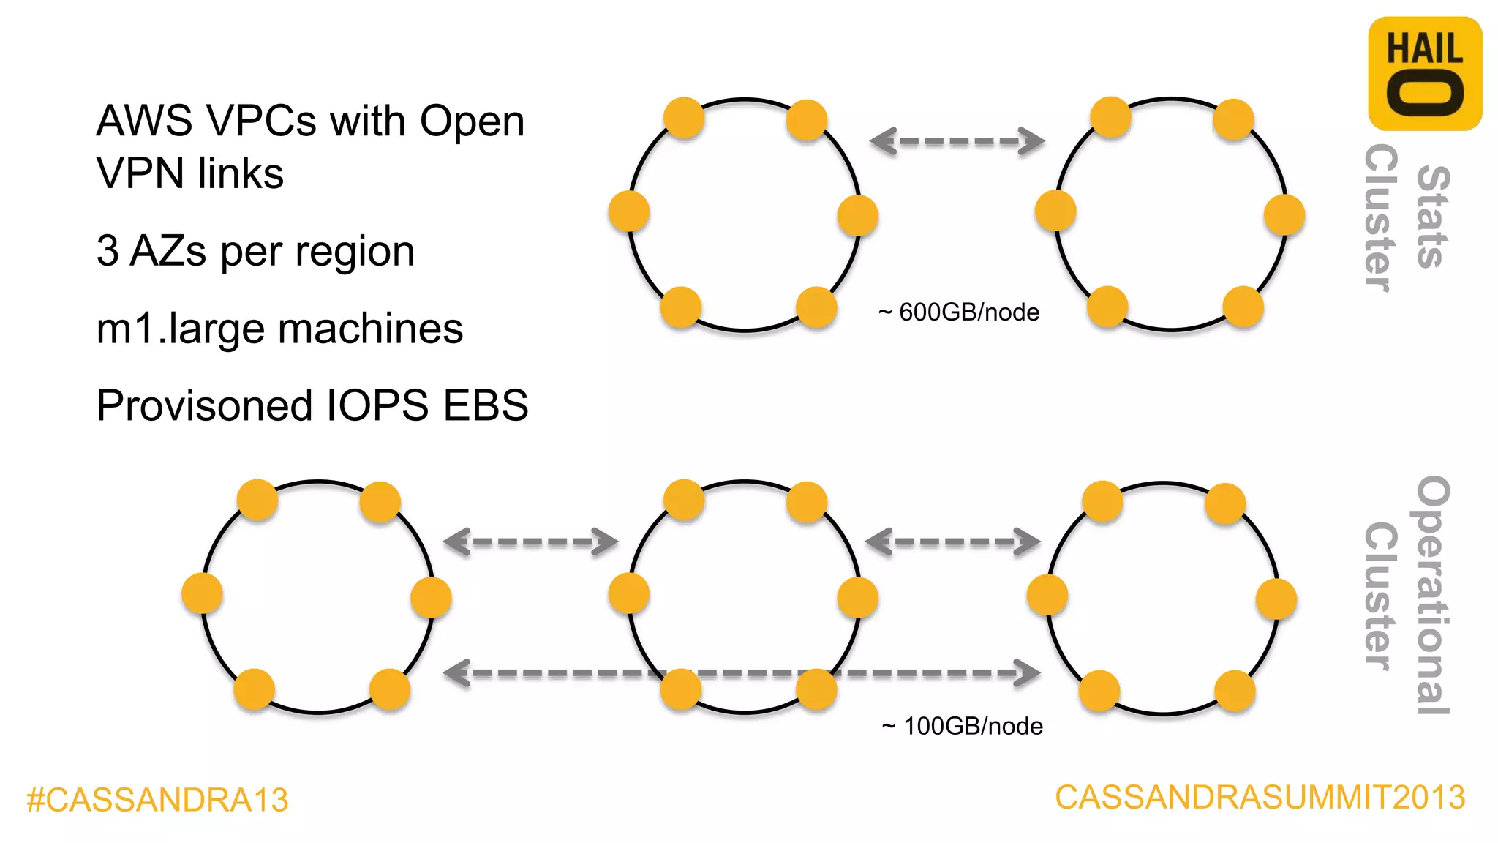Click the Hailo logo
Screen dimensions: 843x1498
click(x=1424, y=74)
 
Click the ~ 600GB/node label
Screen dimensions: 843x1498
click(x=959, y=312)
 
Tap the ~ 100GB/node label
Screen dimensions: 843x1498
click(x=963, y=726)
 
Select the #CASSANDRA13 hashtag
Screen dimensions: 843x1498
click(x=157, y=799)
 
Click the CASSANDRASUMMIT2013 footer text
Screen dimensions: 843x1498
click(x=1260, y=797)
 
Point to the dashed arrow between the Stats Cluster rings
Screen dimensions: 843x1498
click(x=957, y=141)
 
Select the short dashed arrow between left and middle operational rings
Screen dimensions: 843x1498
click(x=531, y=542)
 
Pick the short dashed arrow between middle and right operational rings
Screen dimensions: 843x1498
click(x=952, y=542)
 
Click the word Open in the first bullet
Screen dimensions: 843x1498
click(x=472, y=121)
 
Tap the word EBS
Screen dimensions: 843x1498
click(x=486, y=405)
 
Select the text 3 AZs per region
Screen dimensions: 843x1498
click(x=255, y=251)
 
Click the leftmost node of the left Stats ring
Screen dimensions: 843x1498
click(x=629, y=211)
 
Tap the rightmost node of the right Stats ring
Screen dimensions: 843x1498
click(x=1284, y=215)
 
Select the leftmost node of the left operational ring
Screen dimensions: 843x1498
click(x=203, y=593)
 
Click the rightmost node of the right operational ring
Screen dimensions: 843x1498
click(x=1276, y=599)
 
